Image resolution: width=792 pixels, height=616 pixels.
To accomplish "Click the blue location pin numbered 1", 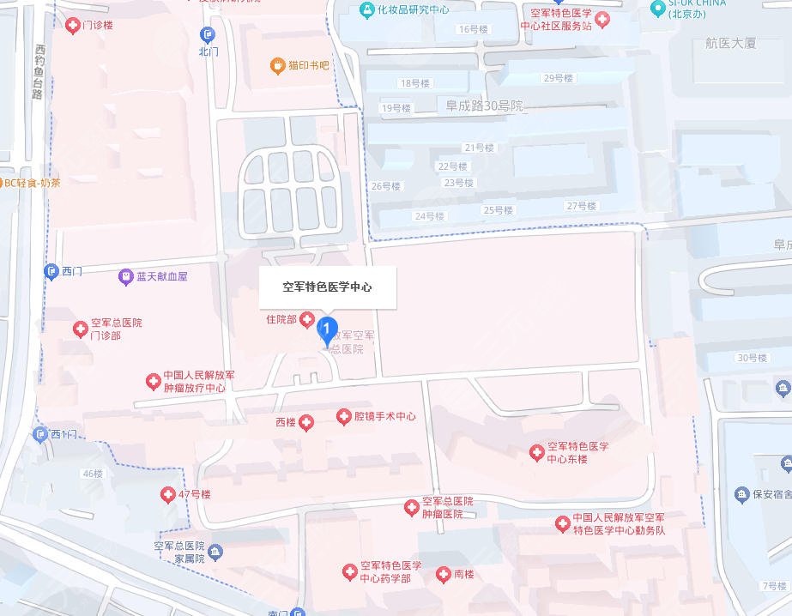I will click(326, 329).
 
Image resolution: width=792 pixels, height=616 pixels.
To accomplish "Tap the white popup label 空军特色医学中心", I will click(328, 287).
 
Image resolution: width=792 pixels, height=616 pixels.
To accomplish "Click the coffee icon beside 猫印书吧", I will click(277, 65).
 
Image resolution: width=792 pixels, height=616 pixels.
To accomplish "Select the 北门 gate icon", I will click(208, 35).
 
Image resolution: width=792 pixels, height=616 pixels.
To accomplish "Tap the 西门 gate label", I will click(72, 271).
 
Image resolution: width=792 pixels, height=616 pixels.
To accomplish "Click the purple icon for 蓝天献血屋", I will click(126, 276).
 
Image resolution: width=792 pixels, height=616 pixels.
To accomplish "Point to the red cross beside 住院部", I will click(307, 321).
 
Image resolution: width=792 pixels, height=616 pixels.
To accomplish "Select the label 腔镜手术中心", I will click(385, 416).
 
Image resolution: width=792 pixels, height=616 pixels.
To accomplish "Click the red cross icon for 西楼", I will click(306, 422).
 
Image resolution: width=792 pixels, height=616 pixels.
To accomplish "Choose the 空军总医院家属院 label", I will click(179, 552).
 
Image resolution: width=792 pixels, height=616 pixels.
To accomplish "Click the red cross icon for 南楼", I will click(444, 575).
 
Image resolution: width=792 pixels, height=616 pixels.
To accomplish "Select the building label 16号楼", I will click(473, 29).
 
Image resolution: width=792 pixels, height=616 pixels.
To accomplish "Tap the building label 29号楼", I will click(558, 78).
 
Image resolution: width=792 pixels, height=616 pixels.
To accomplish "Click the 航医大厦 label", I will click(729, 43).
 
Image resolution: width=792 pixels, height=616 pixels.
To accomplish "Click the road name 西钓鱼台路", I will click(38, 72).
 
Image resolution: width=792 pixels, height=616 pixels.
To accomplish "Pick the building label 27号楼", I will click(581, 206).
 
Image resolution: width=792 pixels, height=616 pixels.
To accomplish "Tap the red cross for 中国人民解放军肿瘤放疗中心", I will click(153, 381).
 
